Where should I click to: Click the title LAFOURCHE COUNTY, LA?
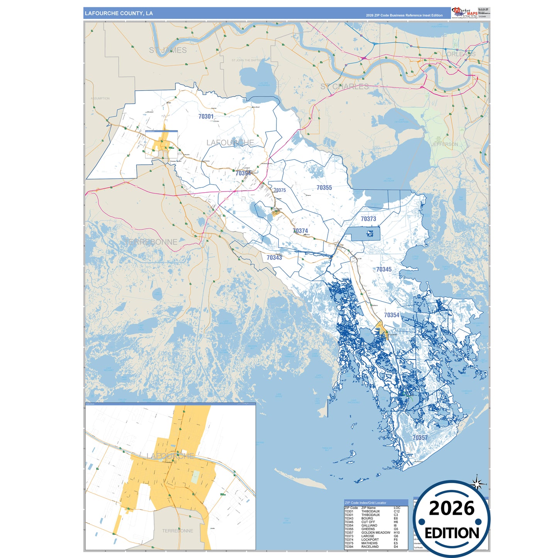tap(119, 14)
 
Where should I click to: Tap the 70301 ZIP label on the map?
tap(206, 116)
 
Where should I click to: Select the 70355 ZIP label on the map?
tap(324, 188)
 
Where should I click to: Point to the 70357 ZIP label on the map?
tap(420, 438)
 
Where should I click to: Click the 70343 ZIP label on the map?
tap(274, 258)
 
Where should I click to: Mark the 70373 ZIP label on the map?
tap(368, 219)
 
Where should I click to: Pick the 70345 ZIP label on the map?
tap(384, 269)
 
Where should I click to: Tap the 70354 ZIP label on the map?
tap(392, 315)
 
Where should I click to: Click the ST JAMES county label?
tap(168, 50)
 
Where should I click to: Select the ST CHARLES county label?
tap(344, 86)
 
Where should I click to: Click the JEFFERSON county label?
tap(444, 144)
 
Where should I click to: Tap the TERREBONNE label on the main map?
tap(151, 242)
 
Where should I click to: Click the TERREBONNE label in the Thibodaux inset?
tap(177, 531)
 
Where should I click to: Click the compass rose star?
tap(478, 483)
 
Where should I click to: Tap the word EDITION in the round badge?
tap(451, 533)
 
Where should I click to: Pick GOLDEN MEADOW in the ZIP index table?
tap(375, 533)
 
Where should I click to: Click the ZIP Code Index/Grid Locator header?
tap(365, 503)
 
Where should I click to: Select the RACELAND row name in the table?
tap(370, 547)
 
